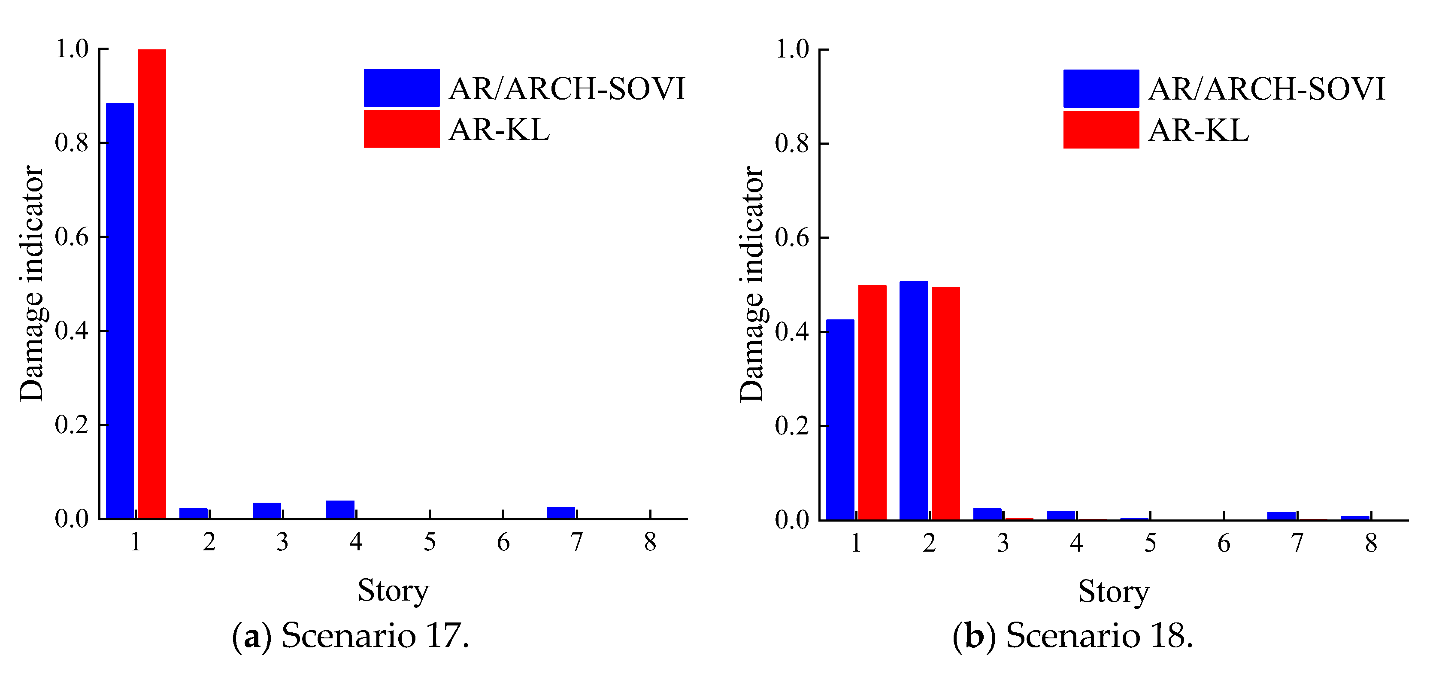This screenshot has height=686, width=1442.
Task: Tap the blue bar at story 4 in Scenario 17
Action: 340,509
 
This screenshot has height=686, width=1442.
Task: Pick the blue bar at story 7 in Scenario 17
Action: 561,513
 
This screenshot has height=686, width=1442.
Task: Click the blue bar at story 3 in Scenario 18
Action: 988,513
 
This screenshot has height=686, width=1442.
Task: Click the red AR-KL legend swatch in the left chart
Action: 401,129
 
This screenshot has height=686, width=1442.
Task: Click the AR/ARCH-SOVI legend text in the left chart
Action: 567,88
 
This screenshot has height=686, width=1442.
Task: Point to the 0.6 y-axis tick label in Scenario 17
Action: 72,237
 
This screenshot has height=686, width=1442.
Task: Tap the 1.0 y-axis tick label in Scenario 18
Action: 792,49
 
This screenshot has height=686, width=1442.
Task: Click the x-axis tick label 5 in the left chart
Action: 429,542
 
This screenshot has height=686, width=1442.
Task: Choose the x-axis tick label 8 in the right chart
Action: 1371,543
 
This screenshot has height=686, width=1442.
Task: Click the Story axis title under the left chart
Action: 393,591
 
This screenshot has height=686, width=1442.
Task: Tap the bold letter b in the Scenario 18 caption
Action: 975,636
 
